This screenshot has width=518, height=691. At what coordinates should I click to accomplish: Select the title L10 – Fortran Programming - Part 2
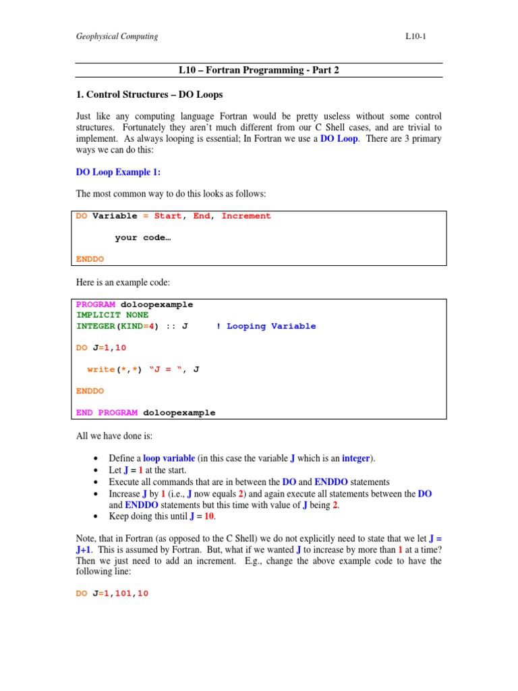(x=259, y=70)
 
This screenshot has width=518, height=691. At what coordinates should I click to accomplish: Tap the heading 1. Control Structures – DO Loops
(x=148, y=94)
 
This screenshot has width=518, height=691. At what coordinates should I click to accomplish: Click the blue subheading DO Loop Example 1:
(x=118, y=172)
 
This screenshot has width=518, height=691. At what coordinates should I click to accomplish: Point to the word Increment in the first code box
(x=246, y=216)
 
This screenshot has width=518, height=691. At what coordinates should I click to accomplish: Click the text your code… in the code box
(x=143, y=238)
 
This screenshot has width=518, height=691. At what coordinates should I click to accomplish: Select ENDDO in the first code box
(x=90, y=259)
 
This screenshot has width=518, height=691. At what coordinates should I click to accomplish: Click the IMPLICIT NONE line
(x=113, y=315)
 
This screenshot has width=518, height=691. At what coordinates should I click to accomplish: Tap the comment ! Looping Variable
(x=266, y=326)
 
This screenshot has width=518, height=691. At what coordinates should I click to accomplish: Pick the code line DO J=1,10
(x=101, y=348)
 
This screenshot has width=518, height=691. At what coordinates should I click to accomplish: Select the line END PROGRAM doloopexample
(x=146, y=412)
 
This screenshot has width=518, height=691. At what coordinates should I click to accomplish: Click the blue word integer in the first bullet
(x=355, y=458)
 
